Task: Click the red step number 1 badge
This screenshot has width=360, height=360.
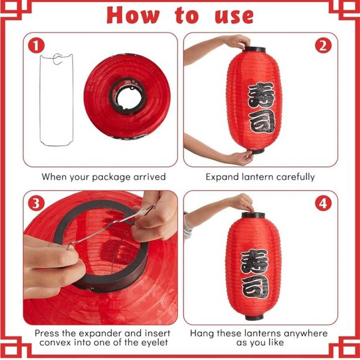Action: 37,45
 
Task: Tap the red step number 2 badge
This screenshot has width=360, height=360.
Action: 323,45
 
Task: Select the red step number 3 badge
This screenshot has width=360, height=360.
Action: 37,204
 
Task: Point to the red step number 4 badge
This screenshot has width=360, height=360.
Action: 323,204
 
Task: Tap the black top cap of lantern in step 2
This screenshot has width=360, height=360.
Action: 254,50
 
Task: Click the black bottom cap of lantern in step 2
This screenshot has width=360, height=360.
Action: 255,150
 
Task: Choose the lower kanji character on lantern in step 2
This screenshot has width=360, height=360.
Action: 260,121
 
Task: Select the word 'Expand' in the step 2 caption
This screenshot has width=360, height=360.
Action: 223,177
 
